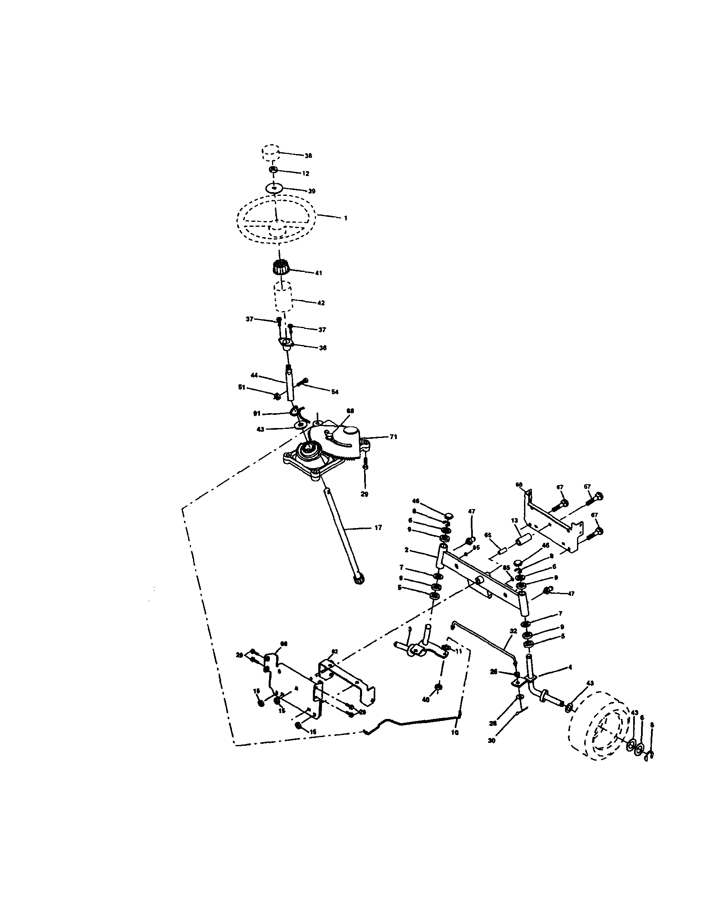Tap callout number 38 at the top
point(308,156)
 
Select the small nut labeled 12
point(274,170)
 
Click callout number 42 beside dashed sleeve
point(320,303)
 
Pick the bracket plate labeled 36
point(286,343)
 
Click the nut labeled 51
point(277,396)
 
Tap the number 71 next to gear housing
point(393,437)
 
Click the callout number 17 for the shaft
point(377,528)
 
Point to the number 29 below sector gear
point(364,495)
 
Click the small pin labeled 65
point(502,552)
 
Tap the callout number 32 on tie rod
point(513,631)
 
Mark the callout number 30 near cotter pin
point(491,741)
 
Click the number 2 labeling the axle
point(406,550)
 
